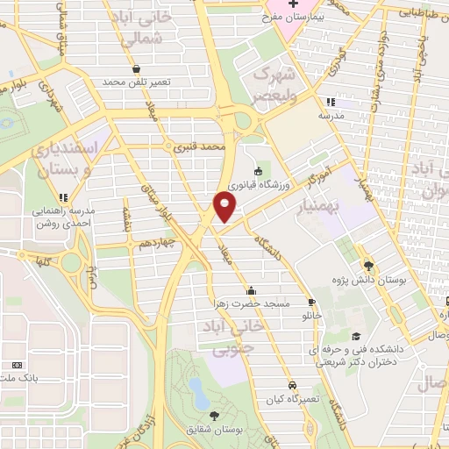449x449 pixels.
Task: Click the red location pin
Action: pos(224,206)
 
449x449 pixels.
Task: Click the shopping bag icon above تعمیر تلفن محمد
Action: pos(135,68)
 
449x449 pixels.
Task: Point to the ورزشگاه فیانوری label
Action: pos(255,185)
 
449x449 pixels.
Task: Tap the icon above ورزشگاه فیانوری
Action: pos(258,172)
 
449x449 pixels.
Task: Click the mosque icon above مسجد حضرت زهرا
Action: pos(253,290)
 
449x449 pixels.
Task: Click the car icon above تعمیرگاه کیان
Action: pos(292,384)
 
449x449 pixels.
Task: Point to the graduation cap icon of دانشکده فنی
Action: pos(355,337)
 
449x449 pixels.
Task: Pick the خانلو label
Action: pos(312,313)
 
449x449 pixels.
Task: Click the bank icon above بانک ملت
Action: pos(14,365)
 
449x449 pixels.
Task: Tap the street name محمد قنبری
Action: pos(199,147)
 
